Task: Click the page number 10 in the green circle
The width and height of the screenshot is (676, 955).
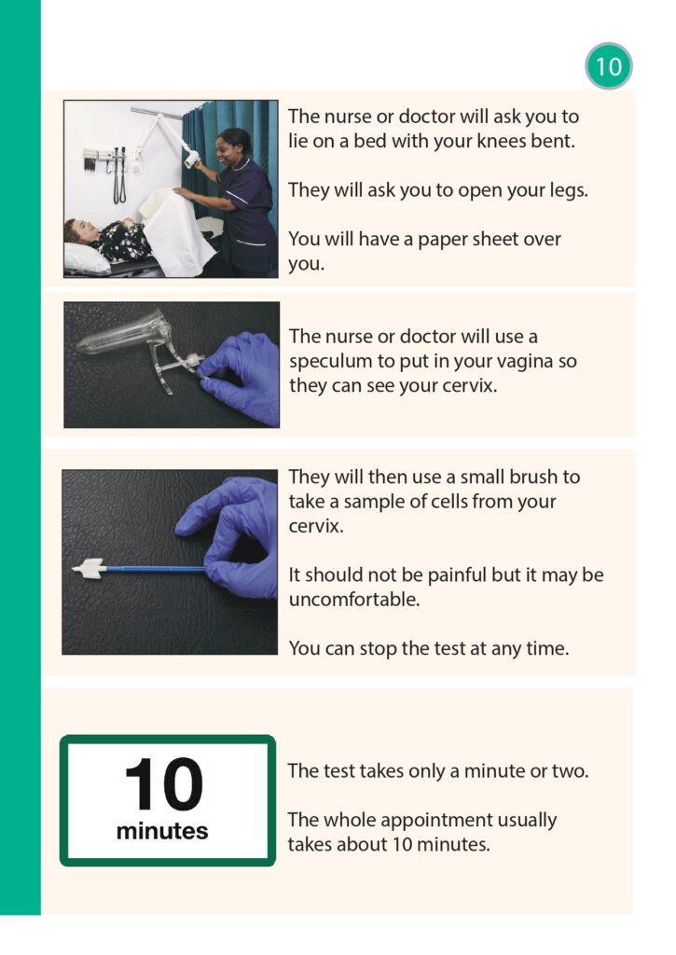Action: click(608, 66)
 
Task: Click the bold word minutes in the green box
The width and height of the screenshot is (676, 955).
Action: click(162, 831)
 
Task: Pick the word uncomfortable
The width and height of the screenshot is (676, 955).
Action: click(353, 600)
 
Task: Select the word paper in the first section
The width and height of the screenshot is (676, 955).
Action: click(445, 240)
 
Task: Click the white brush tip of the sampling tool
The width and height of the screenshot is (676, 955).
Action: click(89, 568)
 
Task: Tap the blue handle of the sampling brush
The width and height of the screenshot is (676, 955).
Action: click(156, 570)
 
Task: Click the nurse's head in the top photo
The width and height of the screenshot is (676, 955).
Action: click(234, 146)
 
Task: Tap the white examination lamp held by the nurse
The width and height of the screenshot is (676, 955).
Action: click(192, 159)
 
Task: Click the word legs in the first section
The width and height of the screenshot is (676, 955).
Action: click(567, 190)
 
